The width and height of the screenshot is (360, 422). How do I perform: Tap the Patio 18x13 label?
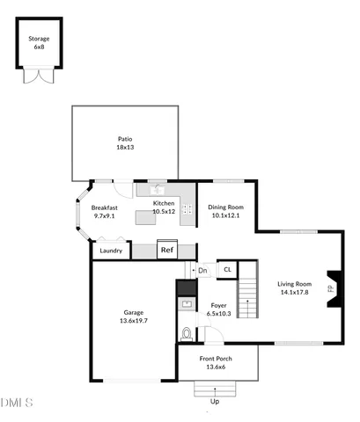click(125, 142)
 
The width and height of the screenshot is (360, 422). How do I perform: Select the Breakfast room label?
click(105, 211)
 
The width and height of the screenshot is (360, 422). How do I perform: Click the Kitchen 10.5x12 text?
click(165, 207)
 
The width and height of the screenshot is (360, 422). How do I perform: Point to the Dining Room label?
click(224, 211)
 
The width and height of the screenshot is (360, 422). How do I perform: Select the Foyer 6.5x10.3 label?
click(218, 309)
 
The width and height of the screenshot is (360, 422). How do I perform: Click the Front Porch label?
click(217, 363)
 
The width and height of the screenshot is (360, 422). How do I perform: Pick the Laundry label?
click(111, 251)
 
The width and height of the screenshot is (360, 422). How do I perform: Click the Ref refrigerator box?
click(167, 250)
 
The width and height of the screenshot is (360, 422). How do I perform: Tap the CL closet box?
click(227, 270)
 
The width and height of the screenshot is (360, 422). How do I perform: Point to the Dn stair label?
click(203, 270)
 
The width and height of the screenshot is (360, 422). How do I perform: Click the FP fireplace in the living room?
click(331, 288)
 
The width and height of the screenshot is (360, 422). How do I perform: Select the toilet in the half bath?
click(186, 334)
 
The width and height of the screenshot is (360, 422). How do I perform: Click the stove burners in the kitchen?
click(187, 211)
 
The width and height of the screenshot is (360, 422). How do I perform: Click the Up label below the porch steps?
click(214, 402)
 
